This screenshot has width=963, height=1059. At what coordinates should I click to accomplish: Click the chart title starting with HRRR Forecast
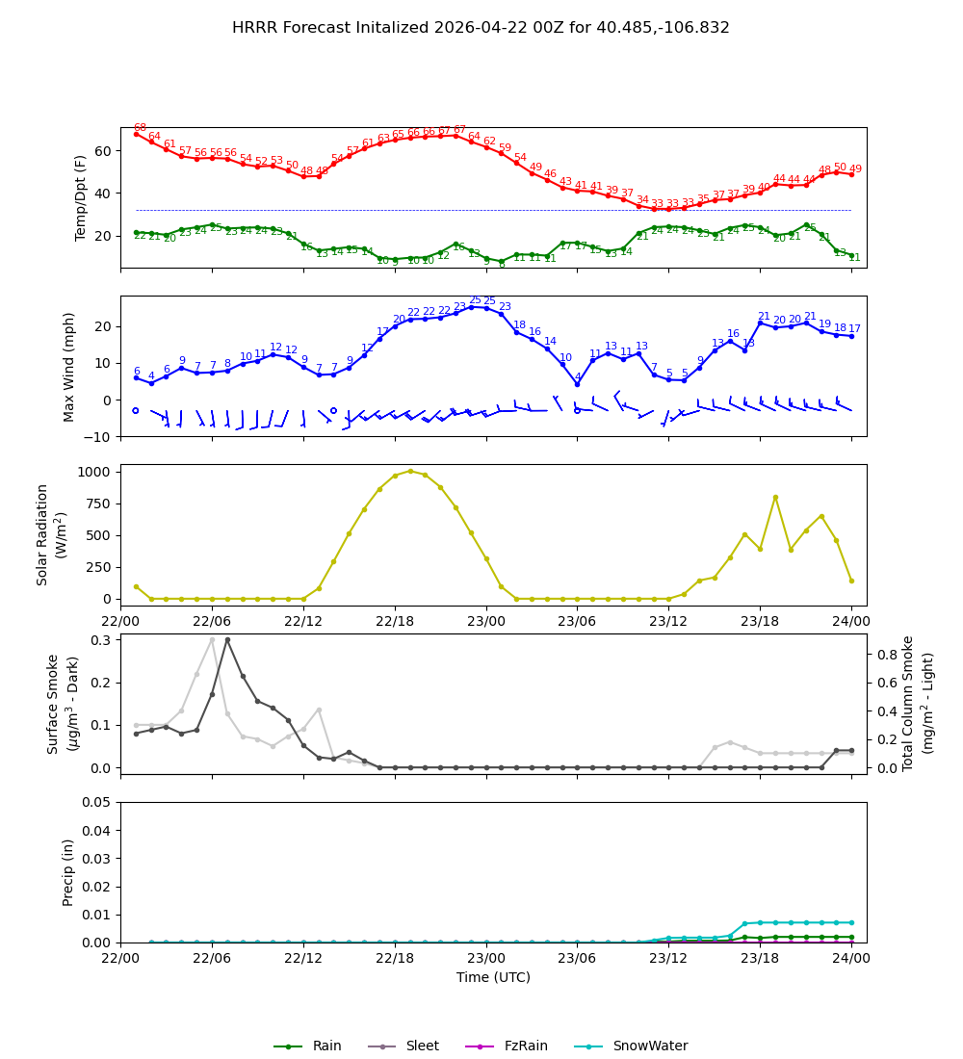click(481, 28)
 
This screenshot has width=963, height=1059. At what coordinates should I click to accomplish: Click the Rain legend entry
click(326, 1046)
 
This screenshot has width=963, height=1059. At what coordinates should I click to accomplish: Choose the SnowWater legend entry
click(650, 1046)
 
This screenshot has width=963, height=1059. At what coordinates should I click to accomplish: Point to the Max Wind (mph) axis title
click(69, 366)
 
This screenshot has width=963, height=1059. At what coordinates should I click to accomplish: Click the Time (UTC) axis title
click(493, 977)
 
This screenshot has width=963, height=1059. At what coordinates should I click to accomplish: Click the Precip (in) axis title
click(69, 872)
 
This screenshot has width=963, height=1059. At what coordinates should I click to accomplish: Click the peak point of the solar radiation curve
click(410, 471)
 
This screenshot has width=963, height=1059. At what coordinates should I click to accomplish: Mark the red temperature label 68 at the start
click(140, 128)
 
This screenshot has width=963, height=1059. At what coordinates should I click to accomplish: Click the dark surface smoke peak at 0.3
click(227, 639)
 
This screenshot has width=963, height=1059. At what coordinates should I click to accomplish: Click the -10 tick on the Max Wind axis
click(97, 436)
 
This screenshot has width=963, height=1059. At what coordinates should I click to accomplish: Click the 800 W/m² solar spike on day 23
click(775, 497)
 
